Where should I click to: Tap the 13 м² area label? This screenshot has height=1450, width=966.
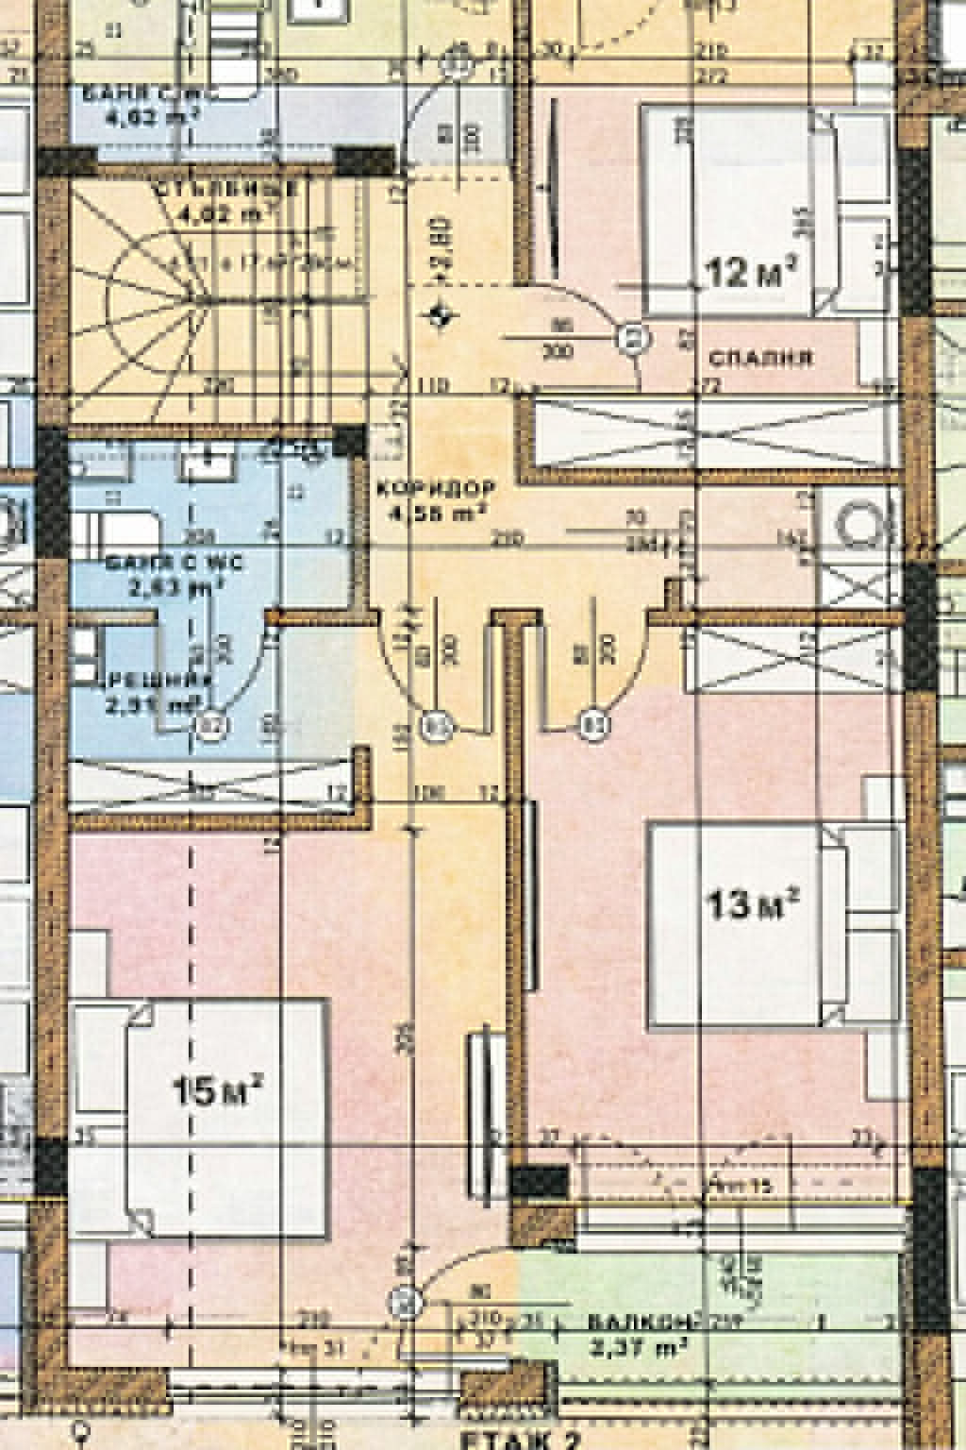tap(752, 904)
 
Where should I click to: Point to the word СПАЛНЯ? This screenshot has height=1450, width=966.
tap(759, 358)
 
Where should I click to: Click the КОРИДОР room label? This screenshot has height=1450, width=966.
tap(435, 489)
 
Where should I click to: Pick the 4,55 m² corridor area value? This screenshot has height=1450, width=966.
tap(437, 514)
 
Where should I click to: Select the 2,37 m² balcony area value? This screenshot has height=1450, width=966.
tap(639, 1346)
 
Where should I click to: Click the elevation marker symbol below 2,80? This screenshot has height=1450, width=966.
tap(438, 316)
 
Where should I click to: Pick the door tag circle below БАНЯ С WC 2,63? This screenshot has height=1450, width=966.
tap(212, 725)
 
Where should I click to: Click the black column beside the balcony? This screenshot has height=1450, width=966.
tap(539, 1182)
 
